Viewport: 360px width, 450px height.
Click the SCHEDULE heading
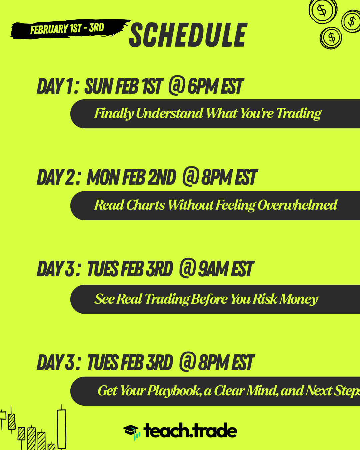(x=188, y=35)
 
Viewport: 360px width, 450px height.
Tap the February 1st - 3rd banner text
(x=67, y=29)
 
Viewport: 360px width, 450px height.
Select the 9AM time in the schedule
(x=212, y=269)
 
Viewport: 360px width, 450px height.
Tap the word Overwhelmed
(x=297, y=205)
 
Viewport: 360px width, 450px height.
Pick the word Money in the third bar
(x=299, y=299)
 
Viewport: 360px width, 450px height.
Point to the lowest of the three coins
(x=331, y=38)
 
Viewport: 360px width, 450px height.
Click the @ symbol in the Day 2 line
(x=190, y=176)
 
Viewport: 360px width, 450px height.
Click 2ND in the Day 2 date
(x=161, y=177)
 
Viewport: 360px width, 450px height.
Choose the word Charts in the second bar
(x=146, y=205)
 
